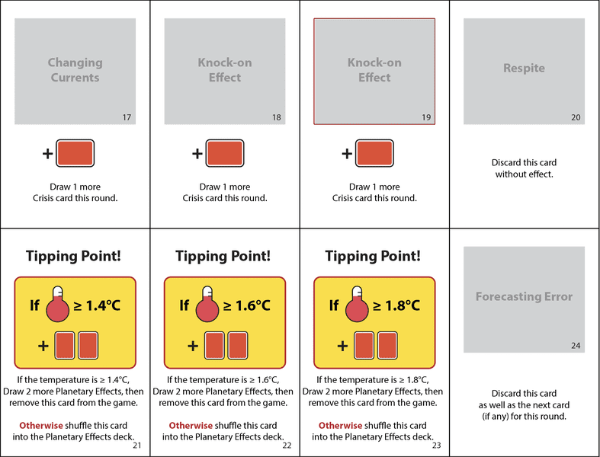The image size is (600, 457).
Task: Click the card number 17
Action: [x=127, y=117]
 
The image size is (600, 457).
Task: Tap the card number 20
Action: [x=576, y=117]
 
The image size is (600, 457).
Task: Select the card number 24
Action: [x=576, y=346]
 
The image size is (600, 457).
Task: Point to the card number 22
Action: [x=287, y=445]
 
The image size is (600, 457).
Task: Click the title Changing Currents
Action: [x=75, y=70]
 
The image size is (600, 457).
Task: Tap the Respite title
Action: [x=524, y=68]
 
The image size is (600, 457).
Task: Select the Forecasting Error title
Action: [x=524, y=296]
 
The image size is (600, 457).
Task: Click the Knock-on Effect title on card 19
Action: [x=374, y=70]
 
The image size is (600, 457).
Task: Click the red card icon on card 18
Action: [x=225, y=153]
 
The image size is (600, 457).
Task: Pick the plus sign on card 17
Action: [x=47, y=154]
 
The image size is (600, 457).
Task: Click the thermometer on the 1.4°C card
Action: [x=57, y=304]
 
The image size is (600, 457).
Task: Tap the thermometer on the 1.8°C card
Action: [x=357, y=304]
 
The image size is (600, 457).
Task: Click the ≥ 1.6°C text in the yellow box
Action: [x=247, y=305]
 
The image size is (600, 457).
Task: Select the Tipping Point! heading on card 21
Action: [x=73, y=256]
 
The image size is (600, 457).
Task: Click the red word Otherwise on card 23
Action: [x=340, y=426]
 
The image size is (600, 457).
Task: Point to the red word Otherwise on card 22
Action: [x=191, y=426]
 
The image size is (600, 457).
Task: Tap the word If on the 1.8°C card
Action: [x=334, y=305]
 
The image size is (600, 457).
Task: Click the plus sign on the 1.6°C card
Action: [x=193, y=346]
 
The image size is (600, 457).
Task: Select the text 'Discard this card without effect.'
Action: [x=524, y=168]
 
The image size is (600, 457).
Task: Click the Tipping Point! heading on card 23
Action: [x=373, y=256]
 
